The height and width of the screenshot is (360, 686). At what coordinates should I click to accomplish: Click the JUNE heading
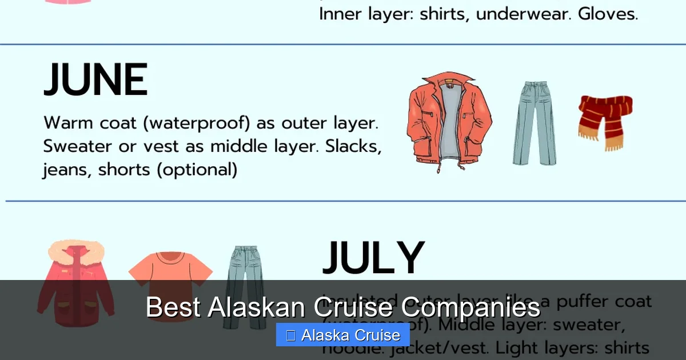[x=95, y=81]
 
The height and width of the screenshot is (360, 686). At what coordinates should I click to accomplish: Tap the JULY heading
[x=373, y=259]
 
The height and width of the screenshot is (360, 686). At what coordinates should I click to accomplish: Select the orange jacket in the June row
[x=449, y=120]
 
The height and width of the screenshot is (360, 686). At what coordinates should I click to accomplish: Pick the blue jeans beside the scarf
[x=534, y=123]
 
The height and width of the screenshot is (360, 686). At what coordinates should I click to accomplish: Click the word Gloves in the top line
[x=608, y=14]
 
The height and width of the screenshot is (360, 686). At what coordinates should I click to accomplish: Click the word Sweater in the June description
[x=77, y=146]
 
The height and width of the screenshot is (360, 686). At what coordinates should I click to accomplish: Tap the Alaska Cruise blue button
[x=343, y=335]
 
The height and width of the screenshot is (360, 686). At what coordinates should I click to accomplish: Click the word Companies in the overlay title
[x=470, y=307]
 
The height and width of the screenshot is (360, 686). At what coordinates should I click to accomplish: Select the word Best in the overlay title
[x=173, y=307]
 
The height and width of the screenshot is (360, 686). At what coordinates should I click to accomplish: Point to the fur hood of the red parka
[x=76, y=251]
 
